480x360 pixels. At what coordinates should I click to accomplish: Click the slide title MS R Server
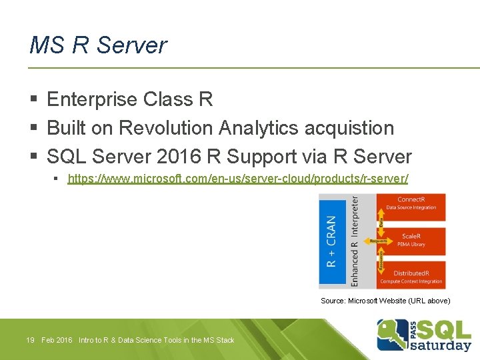pyautogui.click(x=98, y=45)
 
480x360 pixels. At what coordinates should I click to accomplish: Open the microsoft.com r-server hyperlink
pyautogui.click(x=238, y=179)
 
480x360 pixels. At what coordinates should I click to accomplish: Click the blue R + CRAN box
pyautogui.click(x=331, y=241)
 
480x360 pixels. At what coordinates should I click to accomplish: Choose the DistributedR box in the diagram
pyautogui.click(x=411, y=276)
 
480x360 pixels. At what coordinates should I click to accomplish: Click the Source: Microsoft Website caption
pyautogui.click(x=385, y=301)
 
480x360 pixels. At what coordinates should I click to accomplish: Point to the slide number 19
pyautogui.click(x=30, y=341)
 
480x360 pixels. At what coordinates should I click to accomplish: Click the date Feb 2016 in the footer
pyautogui.click(x=57, y=341)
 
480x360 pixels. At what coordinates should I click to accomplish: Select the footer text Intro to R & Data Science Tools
pyautogui.click(x=156, y=341)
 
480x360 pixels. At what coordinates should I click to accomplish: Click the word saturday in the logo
pyautogui.click(x=441, y=345)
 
